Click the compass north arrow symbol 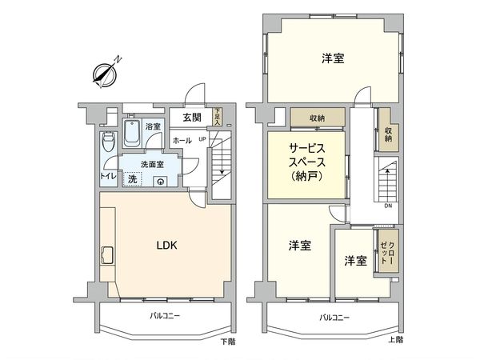click(106, 71)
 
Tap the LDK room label click(166, 246)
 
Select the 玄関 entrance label click(191, 118)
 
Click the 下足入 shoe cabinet click(218, 117)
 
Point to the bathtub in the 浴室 click(133, 134)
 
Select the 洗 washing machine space click(131, 179)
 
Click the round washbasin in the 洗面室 click(161, 181)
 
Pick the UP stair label click(202, 139)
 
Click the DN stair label click(387, 206)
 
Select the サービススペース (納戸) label click(307, 162)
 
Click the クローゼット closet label click(387, 251)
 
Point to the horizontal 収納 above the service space click(317, 118)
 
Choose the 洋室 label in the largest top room click(333, 58)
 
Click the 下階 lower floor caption click(229, 341)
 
